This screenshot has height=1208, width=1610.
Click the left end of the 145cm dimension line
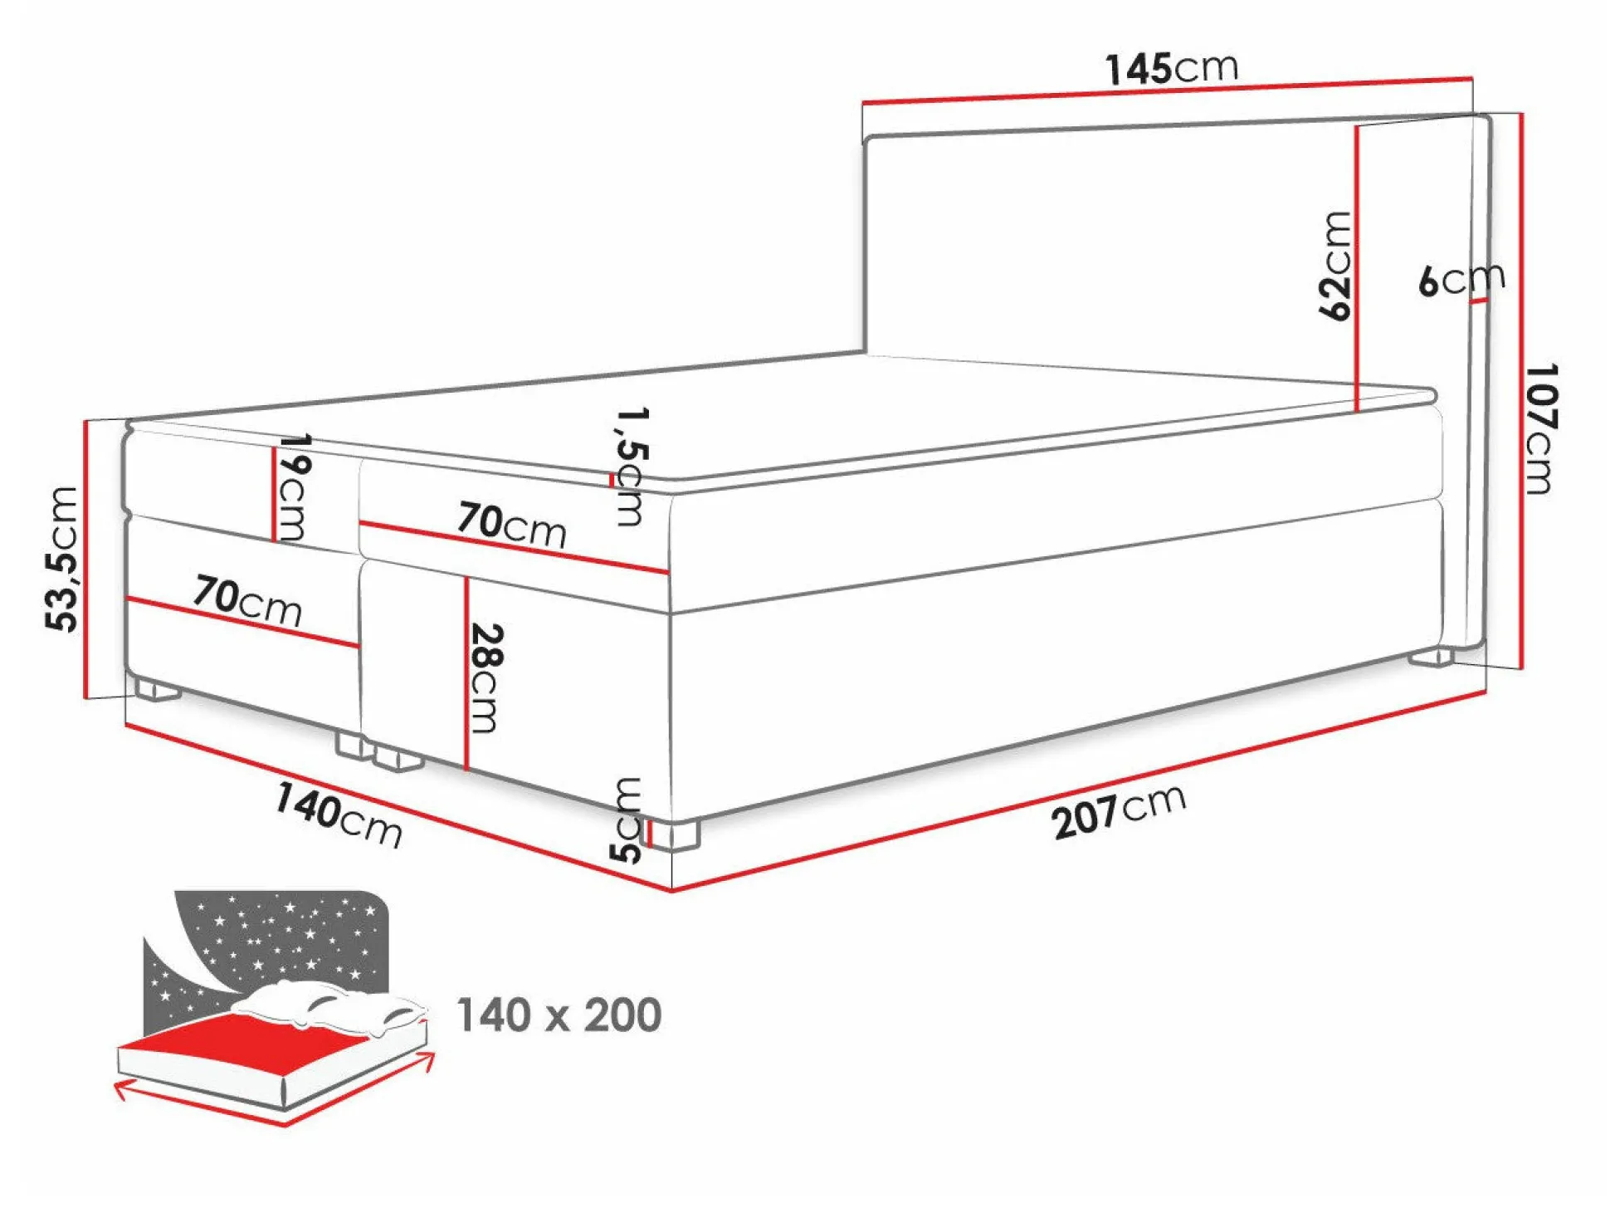coord(863,103)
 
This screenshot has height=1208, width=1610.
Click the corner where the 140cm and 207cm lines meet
coord(671,891)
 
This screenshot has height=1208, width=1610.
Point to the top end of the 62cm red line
coord(1357,127)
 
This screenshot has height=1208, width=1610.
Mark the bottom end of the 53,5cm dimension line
coord(85,698)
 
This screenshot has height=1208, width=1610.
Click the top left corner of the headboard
coord(866,138)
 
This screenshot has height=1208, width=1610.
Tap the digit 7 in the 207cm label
coord(1105,813)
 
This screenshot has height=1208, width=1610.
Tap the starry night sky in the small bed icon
coord(274,938)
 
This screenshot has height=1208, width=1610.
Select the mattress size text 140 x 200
coord(559,1015)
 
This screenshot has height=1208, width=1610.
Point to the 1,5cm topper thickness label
coord(630,466)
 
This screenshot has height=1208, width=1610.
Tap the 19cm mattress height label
coord(293,487)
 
